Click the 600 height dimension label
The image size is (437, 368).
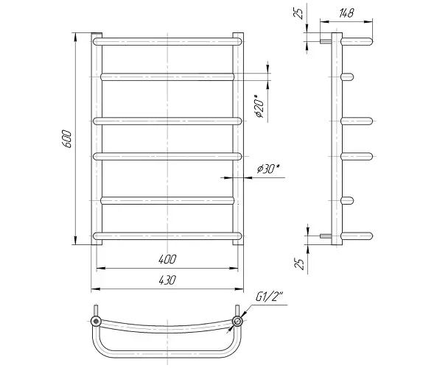[x=67, y=138]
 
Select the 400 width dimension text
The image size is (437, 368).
[x=167, y=259]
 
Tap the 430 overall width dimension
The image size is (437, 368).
[x=167, y=280]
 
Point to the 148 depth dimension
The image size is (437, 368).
[x=346, y=13]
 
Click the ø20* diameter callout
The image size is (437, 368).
[x=259, y=106]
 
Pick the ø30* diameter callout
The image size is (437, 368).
[x=268, y=169]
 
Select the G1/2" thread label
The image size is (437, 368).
[x=269, y=297]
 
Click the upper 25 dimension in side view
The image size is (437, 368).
[x=298, y=13]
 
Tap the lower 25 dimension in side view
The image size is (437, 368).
[x=299, y=263]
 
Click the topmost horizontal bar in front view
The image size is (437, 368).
[x=167, y=41]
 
